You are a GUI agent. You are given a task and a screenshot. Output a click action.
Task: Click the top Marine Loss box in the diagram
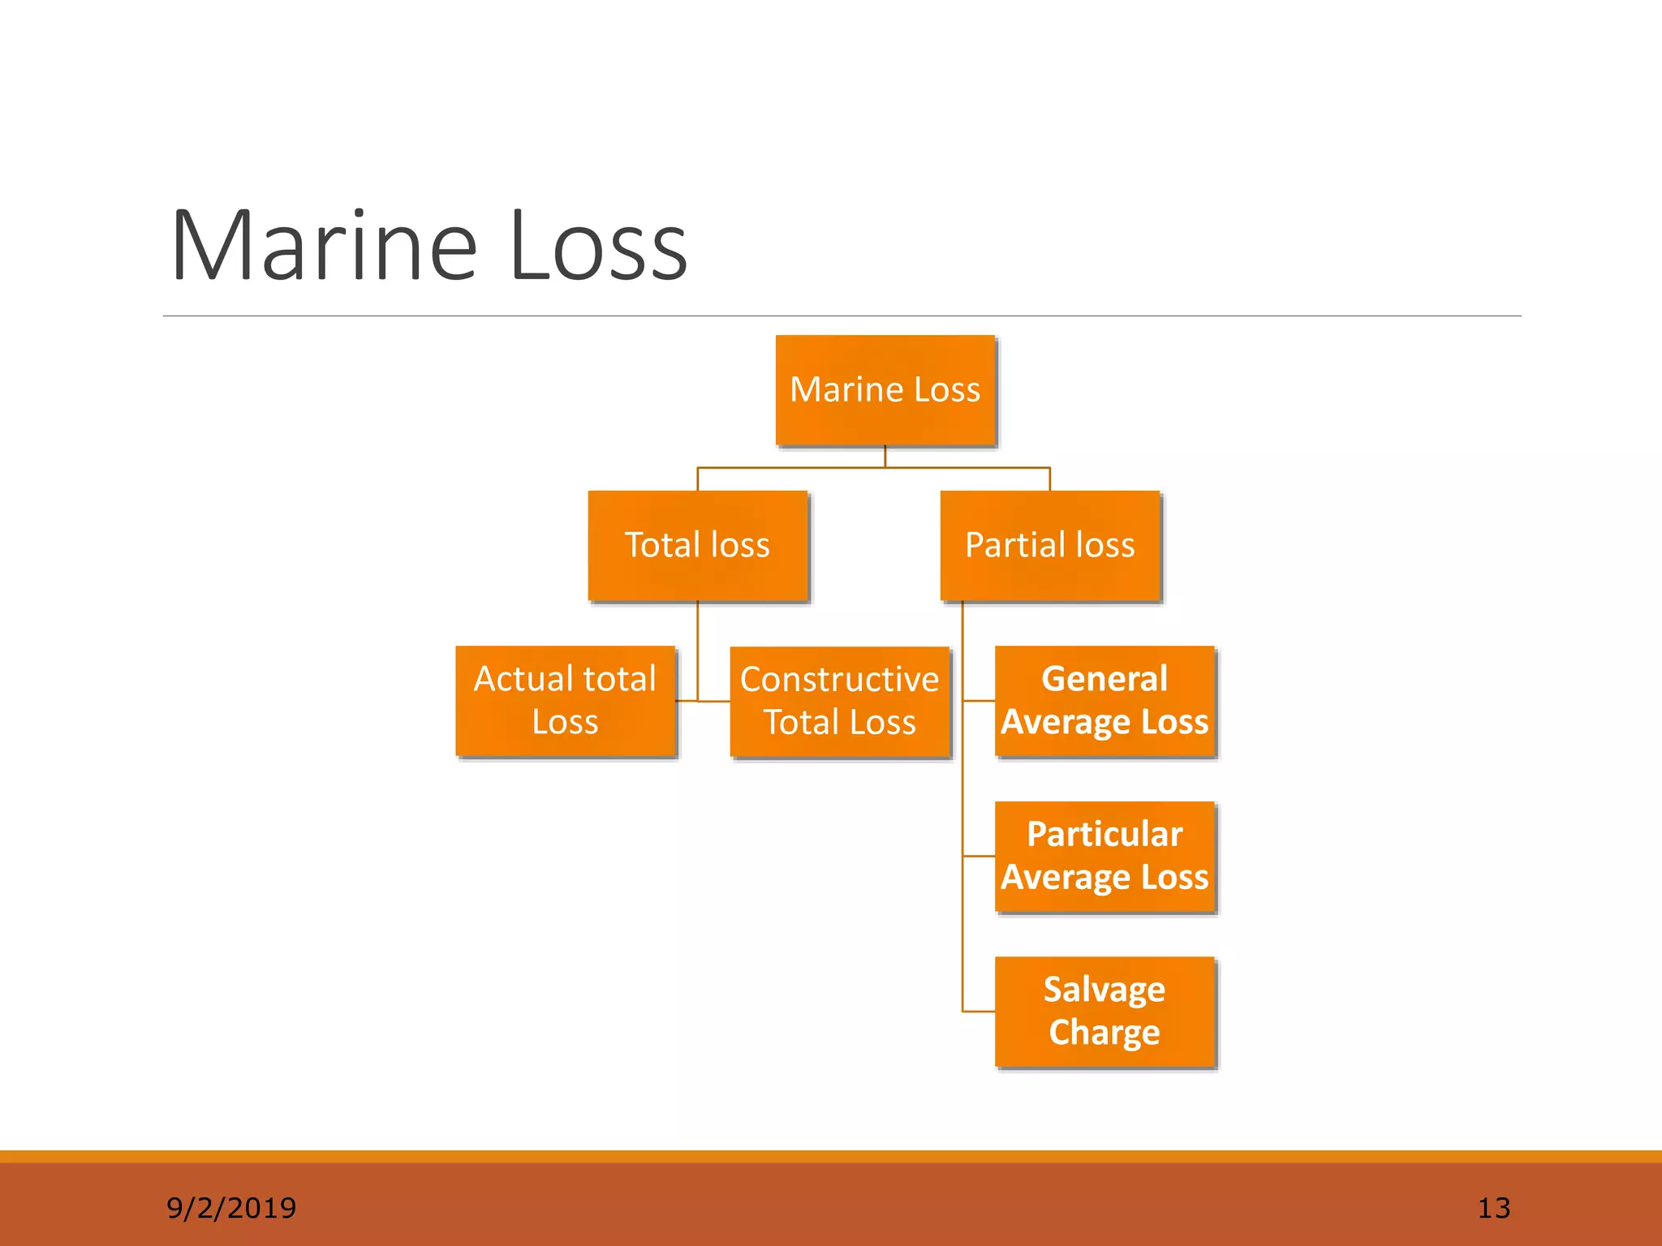[x=885, y=390]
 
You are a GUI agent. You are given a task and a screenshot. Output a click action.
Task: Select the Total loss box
[x=698, y=545]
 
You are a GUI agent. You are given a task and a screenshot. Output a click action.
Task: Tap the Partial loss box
[x=1050, y=545]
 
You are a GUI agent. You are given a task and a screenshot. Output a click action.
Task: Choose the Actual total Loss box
[x=565, y=701]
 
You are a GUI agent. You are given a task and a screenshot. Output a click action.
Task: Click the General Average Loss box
[x=1104, y=701]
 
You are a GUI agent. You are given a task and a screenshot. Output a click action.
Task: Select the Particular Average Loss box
[x=1104, y=857]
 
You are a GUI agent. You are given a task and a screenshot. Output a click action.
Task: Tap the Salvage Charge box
[x=1104, y=1012]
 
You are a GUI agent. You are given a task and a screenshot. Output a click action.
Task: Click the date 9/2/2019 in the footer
[x=231, y=1208]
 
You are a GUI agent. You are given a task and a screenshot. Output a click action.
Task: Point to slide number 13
[x=1493, y=1208]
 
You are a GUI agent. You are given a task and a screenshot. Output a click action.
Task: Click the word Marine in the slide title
[x=324, y=246]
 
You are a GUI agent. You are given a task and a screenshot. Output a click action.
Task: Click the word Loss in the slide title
[x=598, y=246]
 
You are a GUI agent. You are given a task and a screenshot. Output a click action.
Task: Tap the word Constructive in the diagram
[x=839, y=680]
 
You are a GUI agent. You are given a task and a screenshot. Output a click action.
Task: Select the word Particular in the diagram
[x=1104, y=835]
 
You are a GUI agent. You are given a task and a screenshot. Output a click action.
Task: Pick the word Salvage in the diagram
[x=1104, y=990]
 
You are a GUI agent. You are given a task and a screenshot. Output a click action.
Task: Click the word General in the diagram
[x=1104, y=679]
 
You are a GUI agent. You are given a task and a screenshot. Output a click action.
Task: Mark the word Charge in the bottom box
[x=1104, y=1033]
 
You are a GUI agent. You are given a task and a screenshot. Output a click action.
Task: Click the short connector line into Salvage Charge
[x=979, y=1012]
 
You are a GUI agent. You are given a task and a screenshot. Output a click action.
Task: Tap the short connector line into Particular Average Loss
[x=979, y=856]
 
